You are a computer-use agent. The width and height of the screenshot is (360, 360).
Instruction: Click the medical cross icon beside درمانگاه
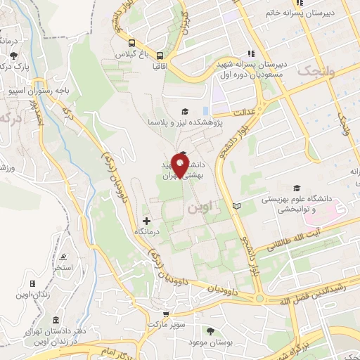[x=146, y=221]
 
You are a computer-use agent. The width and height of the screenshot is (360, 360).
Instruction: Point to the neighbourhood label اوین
[x=198, y=208]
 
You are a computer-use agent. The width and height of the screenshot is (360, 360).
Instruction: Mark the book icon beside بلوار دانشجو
[x=236, y=206]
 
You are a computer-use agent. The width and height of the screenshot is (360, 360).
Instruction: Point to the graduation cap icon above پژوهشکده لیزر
[x=185, y=110]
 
